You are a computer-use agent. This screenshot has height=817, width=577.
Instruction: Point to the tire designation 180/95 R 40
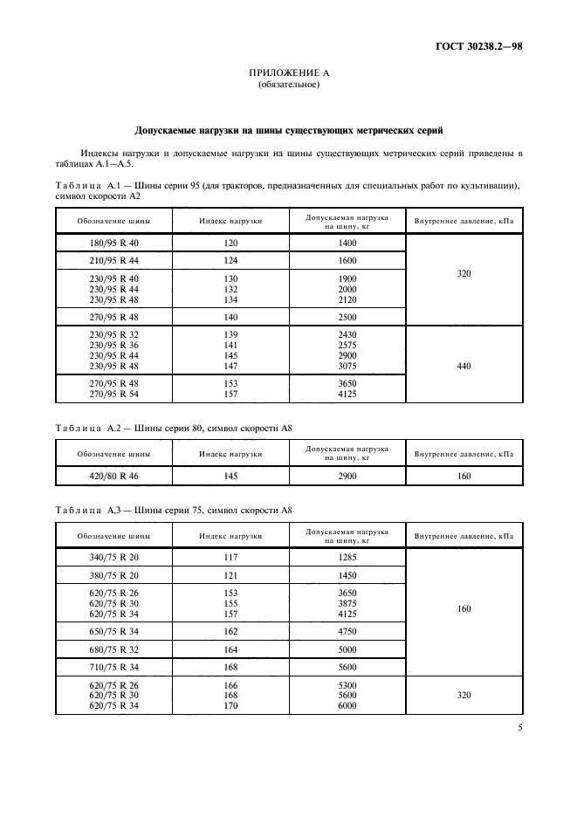[x=113, y=243]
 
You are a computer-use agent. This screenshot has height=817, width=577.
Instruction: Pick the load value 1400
[x=347, y=243]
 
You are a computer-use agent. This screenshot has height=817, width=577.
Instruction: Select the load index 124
[x=230, y=260]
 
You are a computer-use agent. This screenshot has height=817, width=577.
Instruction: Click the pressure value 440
[x=464, y=366]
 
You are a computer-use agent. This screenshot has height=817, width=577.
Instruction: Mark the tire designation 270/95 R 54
[x=113, y=395]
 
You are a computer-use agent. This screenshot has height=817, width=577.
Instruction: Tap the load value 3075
[x=347, y=366]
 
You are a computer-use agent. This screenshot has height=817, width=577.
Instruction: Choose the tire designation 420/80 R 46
[x=113, y=475]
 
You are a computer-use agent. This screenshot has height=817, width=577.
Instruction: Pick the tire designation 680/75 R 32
[x=113, y=649]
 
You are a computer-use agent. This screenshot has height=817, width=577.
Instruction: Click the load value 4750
[x=347, y=630]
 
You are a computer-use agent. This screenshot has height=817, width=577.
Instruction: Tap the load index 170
[x=230, y=704]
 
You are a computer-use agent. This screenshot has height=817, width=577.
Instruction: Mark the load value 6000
[x=347, y=704]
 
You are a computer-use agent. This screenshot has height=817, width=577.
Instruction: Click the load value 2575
[x=347, y=345]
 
